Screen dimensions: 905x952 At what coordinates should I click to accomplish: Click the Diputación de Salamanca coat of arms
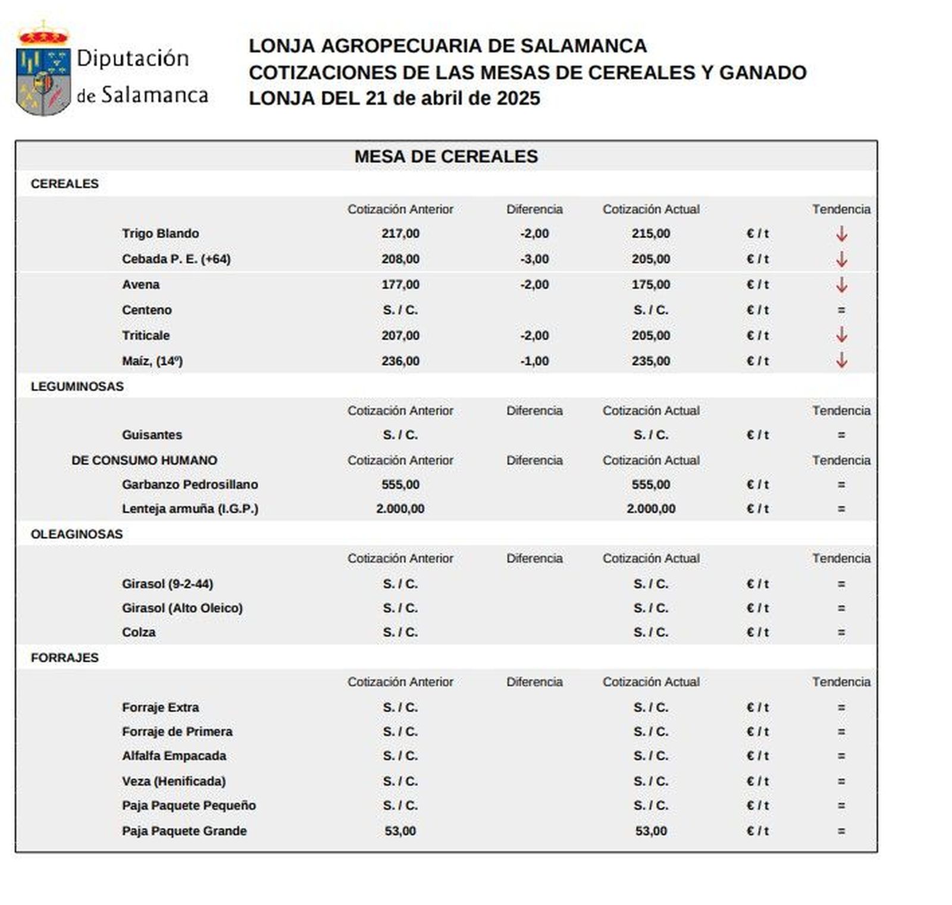pos(43,70)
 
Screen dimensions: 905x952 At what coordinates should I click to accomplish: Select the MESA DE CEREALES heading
pos(446,156)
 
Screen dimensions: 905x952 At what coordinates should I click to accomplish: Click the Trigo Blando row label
pos(160,233)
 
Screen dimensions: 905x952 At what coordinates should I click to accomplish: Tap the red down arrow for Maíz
pos(841,361)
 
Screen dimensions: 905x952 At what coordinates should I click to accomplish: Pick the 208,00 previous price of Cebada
pos(400,259)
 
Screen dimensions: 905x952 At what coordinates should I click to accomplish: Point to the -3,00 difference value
pos(534,259)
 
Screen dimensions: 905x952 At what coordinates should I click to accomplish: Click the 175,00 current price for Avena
pos(650,284)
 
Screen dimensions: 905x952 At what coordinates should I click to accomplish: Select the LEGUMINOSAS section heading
pos(77,386)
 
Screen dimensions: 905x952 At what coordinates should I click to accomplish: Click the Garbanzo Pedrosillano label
pos(190,484)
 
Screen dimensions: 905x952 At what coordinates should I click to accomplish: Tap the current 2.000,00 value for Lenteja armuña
pos(650,509)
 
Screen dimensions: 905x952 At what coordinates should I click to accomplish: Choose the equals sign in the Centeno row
pos(841,310)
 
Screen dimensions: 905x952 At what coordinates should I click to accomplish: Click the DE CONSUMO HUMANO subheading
pos(144,460)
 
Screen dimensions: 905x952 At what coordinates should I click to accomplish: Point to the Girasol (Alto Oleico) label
pos(182,608)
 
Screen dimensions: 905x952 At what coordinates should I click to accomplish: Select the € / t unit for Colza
pos(757,632)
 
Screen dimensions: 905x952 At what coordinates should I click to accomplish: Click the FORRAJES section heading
pos(65,657)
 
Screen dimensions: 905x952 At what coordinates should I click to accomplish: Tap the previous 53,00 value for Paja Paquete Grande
pos(400,831)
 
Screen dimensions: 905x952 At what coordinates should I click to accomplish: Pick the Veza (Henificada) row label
pos(173,781)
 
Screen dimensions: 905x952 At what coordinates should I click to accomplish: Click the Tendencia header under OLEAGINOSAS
pos(841,558)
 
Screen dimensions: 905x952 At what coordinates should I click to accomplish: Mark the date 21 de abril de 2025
pos(453,98)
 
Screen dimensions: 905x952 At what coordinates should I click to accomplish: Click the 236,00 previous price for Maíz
pos(400,361)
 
